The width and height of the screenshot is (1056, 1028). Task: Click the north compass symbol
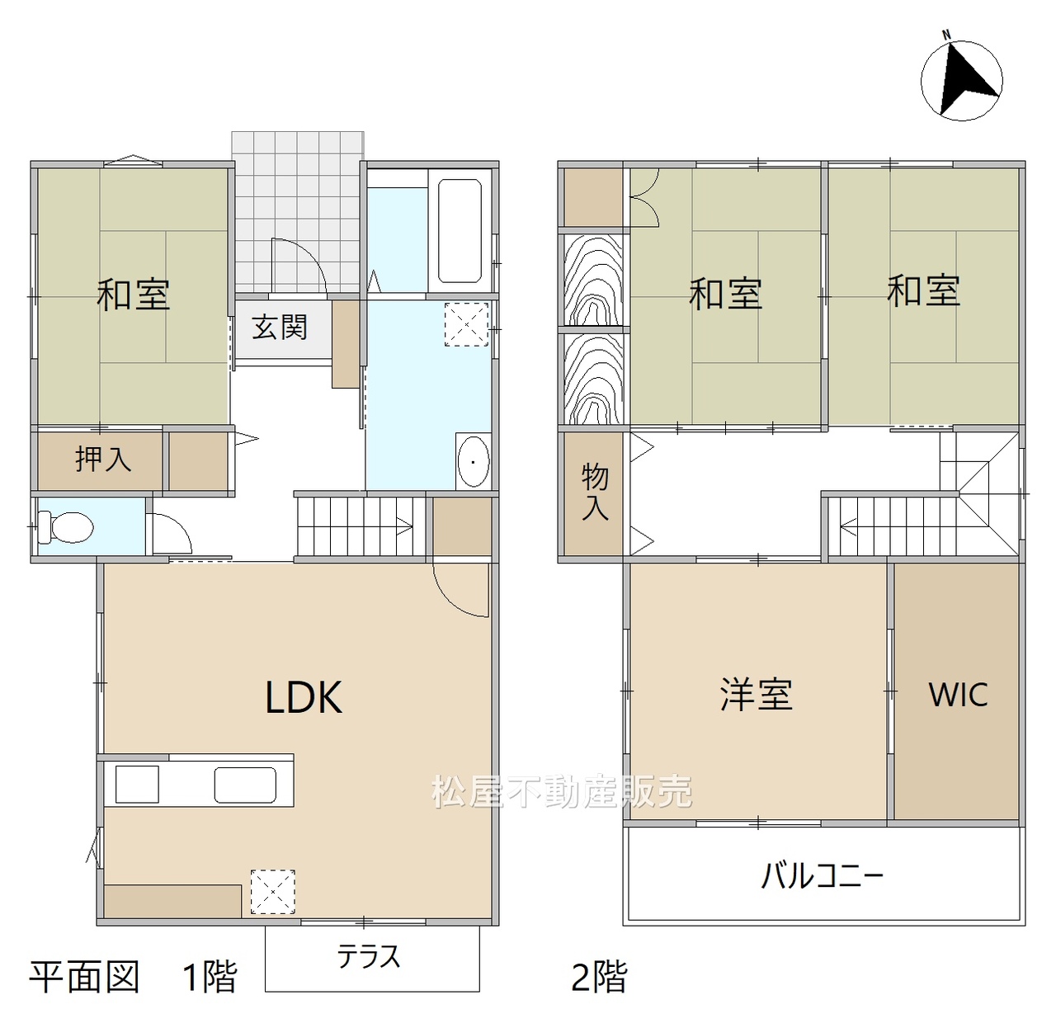pos(961,79)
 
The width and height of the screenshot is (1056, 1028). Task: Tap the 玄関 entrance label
pos(280,327)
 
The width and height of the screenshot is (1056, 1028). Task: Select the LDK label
pos(304,697)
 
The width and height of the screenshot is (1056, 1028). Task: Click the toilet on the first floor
pos(66,526)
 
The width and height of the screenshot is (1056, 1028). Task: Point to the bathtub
pos(459,231)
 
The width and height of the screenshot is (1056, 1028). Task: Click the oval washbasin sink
pos(474,462)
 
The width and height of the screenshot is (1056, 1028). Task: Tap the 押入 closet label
pos(103,460)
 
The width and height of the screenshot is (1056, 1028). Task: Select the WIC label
pos(958,694)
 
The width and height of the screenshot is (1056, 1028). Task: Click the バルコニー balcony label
pos(823,875)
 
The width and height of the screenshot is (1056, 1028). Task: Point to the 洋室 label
pos(756,694)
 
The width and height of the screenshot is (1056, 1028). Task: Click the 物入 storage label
pos(595,493)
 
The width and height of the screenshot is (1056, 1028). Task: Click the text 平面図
pos(84,977)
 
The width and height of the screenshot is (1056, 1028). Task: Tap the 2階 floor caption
pos(599,977)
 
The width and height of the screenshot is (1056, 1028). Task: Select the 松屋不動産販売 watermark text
pos(562,791)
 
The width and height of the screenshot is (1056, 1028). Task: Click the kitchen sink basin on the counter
pos(245,785)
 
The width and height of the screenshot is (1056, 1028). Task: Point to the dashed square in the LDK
pos(272,892)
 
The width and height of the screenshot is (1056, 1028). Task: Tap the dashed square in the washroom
pos(466,324)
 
